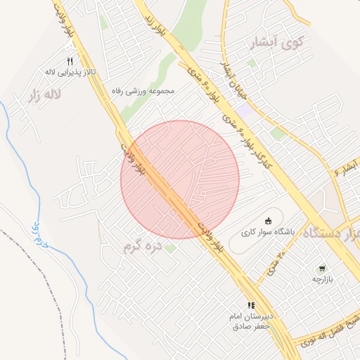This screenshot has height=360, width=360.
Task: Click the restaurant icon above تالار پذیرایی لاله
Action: click(x=70, y=62)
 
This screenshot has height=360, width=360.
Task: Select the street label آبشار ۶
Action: click(x=347, y=167)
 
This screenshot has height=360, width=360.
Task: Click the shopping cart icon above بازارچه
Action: click(x=322, y=269)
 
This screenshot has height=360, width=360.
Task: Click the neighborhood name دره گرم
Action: click(x=143, y=246)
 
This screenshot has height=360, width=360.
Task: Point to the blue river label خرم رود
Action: click(x=32, y=233)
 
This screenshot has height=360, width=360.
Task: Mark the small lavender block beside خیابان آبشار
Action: click(x=244, y=111)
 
